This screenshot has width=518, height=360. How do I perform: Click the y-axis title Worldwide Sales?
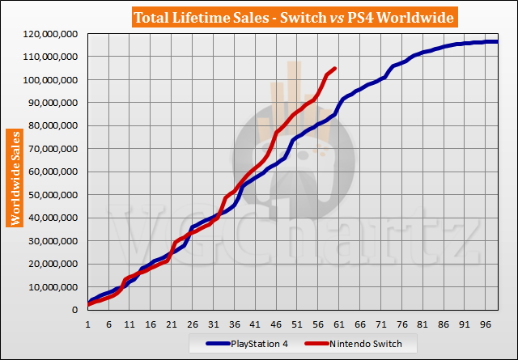pos(14,176)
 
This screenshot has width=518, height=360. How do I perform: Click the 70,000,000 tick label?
pos(50,149)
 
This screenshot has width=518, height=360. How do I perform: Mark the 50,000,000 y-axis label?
pos(50,195)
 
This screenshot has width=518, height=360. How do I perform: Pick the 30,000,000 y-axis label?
pos(50,241)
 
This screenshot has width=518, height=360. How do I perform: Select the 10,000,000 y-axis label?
pos(50,287)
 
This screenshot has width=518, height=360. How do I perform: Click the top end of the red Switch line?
pos(335,69)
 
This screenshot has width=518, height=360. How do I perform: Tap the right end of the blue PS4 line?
pos(496,42)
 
